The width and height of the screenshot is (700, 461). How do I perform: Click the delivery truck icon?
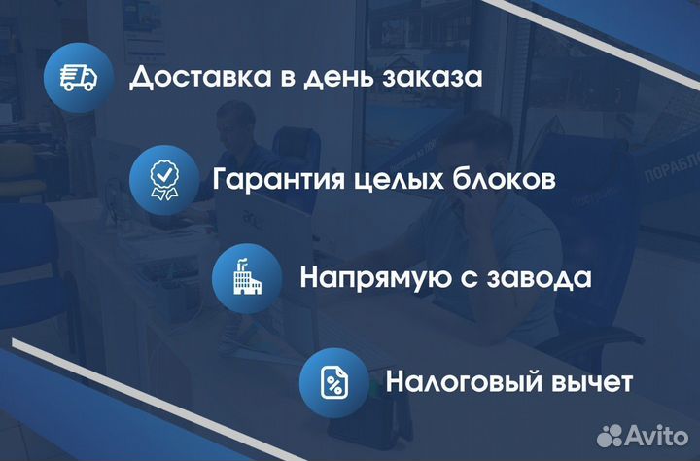(x=79, y=78)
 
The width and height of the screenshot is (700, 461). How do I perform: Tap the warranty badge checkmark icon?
(x=163, y=179)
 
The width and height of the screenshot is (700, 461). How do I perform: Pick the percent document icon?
(x=333, y=380)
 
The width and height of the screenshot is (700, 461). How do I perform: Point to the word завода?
(x=544, y=278)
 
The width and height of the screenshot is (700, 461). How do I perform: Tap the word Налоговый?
(x=462, y=380)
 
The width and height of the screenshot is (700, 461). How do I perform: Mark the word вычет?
(x=590, y=380)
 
